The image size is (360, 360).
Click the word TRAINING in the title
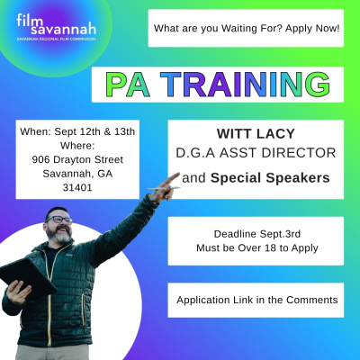[245, 85]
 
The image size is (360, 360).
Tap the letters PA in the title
[128, 85]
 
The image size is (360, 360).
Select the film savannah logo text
[57, 24]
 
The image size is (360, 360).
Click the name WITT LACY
[256, 134]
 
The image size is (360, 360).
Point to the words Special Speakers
[270, 178]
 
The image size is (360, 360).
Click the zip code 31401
[77, 187]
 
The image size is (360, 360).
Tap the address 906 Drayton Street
[77, 159]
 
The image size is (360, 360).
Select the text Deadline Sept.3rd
[257, 234]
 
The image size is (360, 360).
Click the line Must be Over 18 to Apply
[257, 248]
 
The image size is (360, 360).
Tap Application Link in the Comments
[257, 300]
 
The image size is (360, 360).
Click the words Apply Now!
[312, 29]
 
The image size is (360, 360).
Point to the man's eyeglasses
[59, 220]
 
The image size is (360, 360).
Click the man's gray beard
[60, 236]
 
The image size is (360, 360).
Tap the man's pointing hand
[164, 188]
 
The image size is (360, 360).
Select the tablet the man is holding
[26, 277]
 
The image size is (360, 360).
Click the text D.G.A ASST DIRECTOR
[256, 153]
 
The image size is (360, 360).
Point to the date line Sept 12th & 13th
[94, 131]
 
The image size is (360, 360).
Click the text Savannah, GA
[77, 174]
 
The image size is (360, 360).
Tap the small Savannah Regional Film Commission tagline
[57, 40]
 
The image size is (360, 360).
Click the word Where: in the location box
[77, 146]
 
